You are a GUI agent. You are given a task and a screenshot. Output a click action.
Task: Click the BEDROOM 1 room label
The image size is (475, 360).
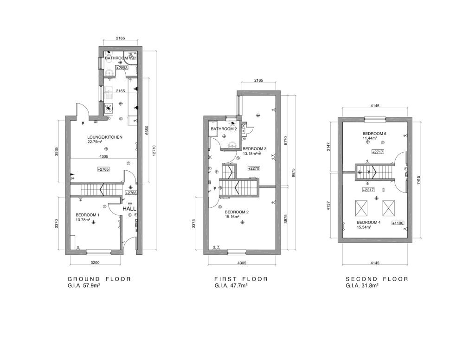(87, 215)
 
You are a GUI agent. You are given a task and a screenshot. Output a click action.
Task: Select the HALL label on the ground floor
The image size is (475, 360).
(129, 209)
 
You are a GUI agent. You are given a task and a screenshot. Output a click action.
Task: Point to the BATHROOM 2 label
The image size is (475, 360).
(224, 129)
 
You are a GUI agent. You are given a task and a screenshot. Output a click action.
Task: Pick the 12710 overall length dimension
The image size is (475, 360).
(154, 151)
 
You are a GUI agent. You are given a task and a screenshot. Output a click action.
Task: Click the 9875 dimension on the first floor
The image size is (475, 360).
(293, 173)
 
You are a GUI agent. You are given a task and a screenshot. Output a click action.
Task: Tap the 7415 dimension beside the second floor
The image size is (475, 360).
(418, 180)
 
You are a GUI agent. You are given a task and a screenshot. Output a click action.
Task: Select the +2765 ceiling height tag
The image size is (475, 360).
(103, 169)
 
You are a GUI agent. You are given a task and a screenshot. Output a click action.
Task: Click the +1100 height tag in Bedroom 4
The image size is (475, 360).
(398, 223)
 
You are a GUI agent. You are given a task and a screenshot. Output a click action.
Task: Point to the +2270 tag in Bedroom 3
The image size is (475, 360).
(254, 168)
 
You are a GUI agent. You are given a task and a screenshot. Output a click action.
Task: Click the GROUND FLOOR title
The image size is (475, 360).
(99, 279)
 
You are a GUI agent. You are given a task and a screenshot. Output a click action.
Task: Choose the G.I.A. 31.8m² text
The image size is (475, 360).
(362, 286)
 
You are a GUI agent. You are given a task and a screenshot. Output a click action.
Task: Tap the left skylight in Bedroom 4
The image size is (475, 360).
(361, 208)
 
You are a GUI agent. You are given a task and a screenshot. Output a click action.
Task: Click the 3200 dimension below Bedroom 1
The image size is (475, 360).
(95, 263)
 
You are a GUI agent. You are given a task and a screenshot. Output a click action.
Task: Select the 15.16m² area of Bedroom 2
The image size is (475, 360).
(232, 217)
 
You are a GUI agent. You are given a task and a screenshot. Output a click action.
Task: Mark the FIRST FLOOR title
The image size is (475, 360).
(241, 279)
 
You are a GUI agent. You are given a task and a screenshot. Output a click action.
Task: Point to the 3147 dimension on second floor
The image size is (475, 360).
(328, 146)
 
